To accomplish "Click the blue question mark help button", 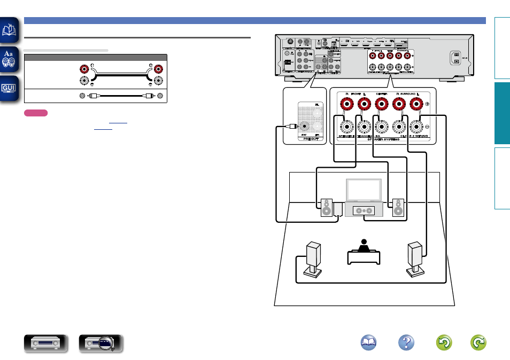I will pos(407,342).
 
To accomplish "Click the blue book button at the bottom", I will pos(368,342).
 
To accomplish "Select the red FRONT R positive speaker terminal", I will pos(347,103).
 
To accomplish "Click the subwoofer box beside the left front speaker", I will pos(338,209).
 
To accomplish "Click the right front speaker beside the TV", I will pos(398,207).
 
